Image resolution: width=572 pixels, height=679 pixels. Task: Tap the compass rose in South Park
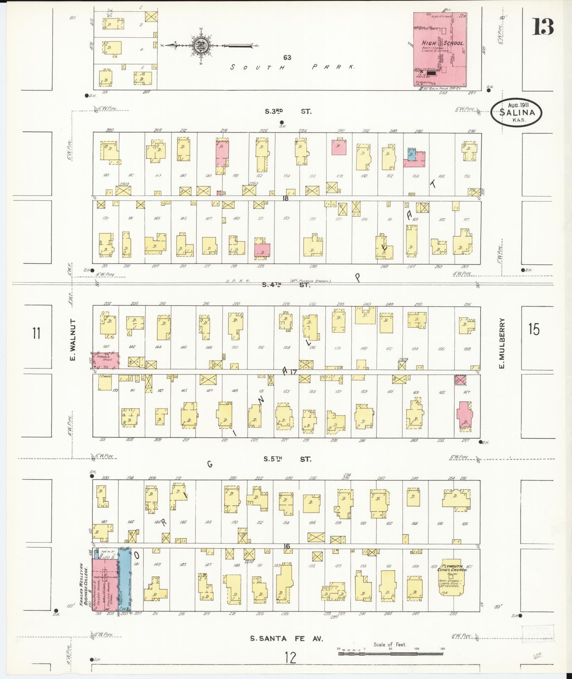199,45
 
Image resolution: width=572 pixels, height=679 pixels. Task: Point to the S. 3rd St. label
288,111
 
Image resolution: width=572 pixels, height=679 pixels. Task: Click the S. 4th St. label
286,284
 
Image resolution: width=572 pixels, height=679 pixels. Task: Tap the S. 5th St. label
287,459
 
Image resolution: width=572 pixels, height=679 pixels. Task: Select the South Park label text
292,67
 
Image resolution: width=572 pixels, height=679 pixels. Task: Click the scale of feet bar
390,653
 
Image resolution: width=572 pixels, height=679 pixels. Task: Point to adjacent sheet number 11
36,333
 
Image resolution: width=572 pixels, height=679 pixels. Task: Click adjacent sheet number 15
533,329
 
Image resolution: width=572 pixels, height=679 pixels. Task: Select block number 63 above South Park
287,58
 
